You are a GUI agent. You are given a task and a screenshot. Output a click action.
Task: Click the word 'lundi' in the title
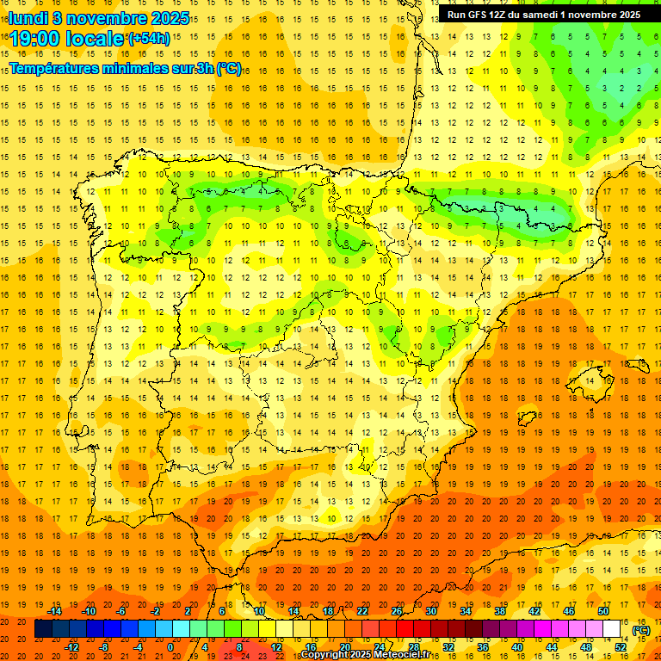28,17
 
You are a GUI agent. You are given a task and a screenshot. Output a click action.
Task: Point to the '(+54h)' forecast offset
149,39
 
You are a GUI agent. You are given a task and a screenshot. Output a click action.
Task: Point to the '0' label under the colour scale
170,647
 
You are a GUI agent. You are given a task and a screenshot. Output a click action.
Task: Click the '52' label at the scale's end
621,647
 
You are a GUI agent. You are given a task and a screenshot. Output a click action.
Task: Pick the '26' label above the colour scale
397,611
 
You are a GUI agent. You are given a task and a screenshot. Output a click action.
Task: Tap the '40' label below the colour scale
517,647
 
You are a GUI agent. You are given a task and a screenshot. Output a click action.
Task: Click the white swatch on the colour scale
612,629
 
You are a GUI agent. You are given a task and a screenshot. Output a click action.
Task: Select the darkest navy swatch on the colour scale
43,629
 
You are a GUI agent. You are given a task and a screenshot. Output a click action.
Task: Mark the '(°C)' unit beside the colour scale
641,630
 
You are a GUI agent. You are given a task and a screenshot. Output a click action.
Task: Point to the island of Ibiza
527,419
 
